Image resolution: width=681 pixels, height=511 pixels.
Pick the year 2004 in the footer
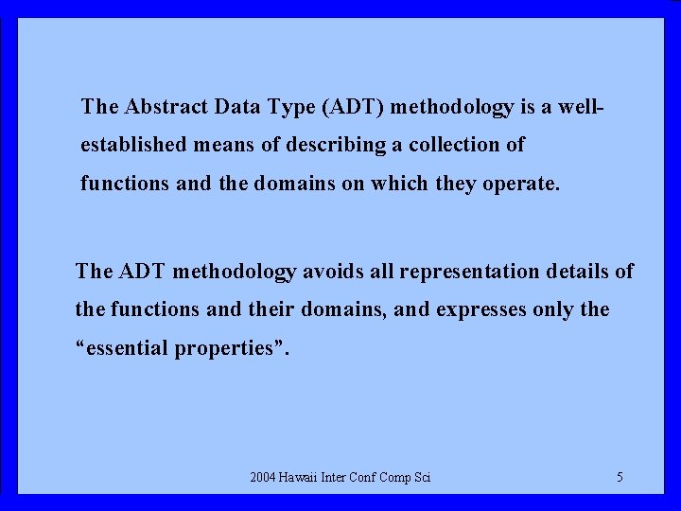(265, 478)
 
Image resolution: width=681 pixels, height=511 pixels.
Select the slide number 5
(620, 478)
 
